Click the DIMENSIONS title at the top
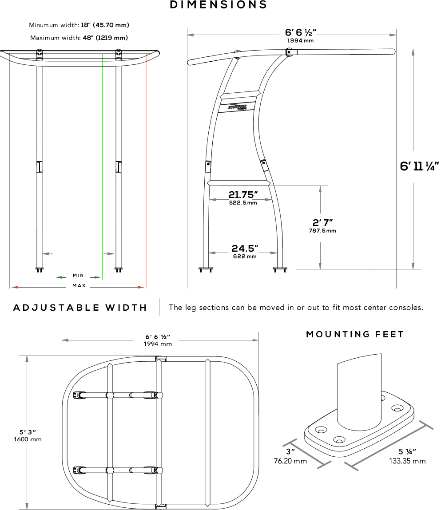[x=219, y=5]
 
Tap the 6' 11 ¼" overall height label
[x=419, y=166]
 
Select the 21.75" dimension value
[x=243, y=195]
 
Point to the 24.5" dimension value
[x=245, y=248]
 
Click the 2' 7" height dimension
[x=322, y=223]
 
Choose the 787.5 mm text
[x=322, y=231]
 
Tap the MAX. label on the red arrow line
[x=80, y=286]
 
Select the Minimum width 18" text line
[x=79, y=25]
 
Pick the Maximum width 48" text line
[x=79, y=38]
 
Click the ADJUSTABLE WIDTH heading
[x=80, y=308]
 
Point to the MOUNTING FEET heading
[x=355, y=334]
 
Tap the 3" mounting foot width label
[x=290, y=452]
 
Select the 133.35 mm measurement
[x=407, y=461]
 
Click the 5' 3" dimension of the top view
[x=28, y=431]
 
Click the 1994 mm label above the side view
[x=300, y=40]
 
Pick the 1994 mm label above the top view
[x=158, y=344]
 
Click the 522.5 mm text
[x=243, y=203]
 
